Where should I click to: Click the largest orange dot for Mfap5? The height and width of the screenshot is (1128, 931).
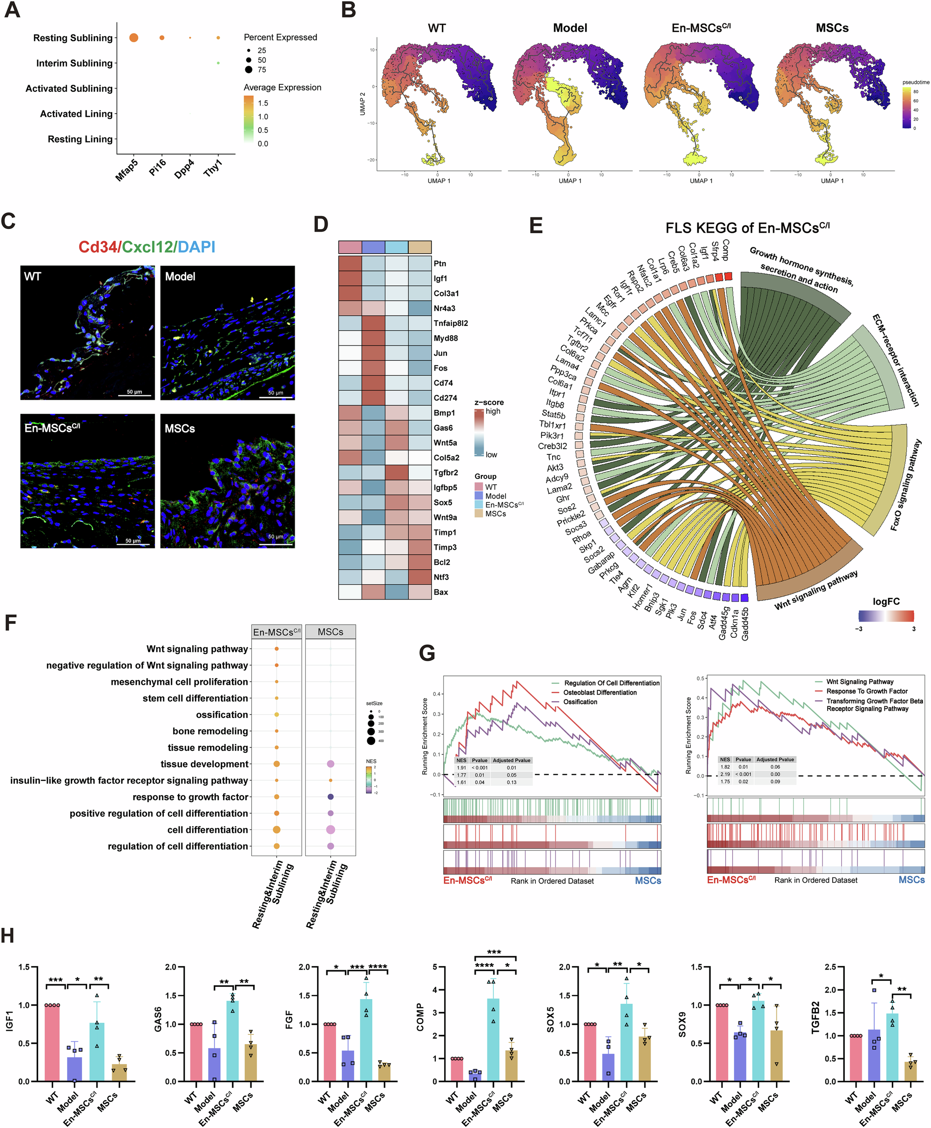pos(134,38)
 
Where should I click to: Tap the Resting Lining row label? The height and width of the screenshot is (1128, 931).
pos(80,139)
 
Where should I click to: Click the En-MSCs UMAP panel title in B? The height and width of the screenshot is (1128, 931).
pos(701,28)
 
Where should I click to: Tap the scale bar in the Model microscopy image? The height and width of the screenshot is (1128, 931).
pos(279,398)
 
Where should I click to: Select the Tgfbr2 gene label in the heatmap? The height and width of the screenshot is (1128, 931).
pos(445,473)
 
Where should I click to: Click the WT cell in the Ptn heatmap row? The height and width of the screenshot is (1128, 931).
pos(350,263)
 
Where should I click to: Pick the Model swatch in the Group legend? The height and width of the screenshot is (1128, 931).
pos(479,496)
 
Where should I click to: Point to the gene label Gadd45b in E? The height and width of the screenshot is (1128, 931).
pos(745,624)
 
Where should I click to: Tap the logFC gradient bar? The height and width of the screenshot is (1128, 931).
pos(886,616)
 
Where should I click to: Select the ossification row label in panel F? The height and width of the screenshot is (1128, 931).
pos(222,715)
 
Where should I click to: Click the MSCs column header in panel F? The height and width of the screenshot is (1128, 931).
pos(331,632)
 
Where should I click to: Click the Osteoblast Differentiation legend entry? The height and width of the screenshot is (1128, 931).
pos(600,692)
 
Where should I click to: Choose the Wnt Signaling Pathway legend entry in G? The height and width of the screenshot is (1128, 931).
pos(859,682)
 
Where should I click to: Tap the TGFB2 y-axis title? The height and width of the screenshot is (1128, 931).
pos(816,1018)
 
